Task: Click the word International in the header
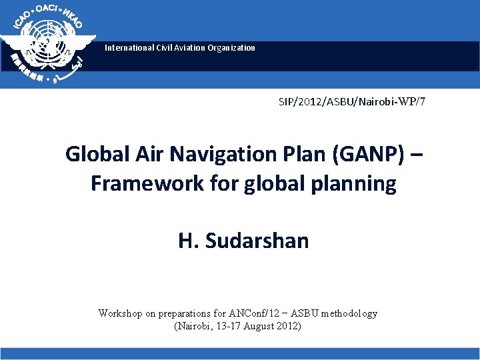pyautogui.click(x=128, y=48)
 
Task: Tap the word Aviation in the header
pyautogui.click(x=187, y=48)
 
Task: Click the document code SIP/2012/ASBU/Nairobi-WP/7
pyautogui.click(x=352, y=102)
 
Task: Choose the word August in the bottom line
pyautogui.click(x=259, y=326)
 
